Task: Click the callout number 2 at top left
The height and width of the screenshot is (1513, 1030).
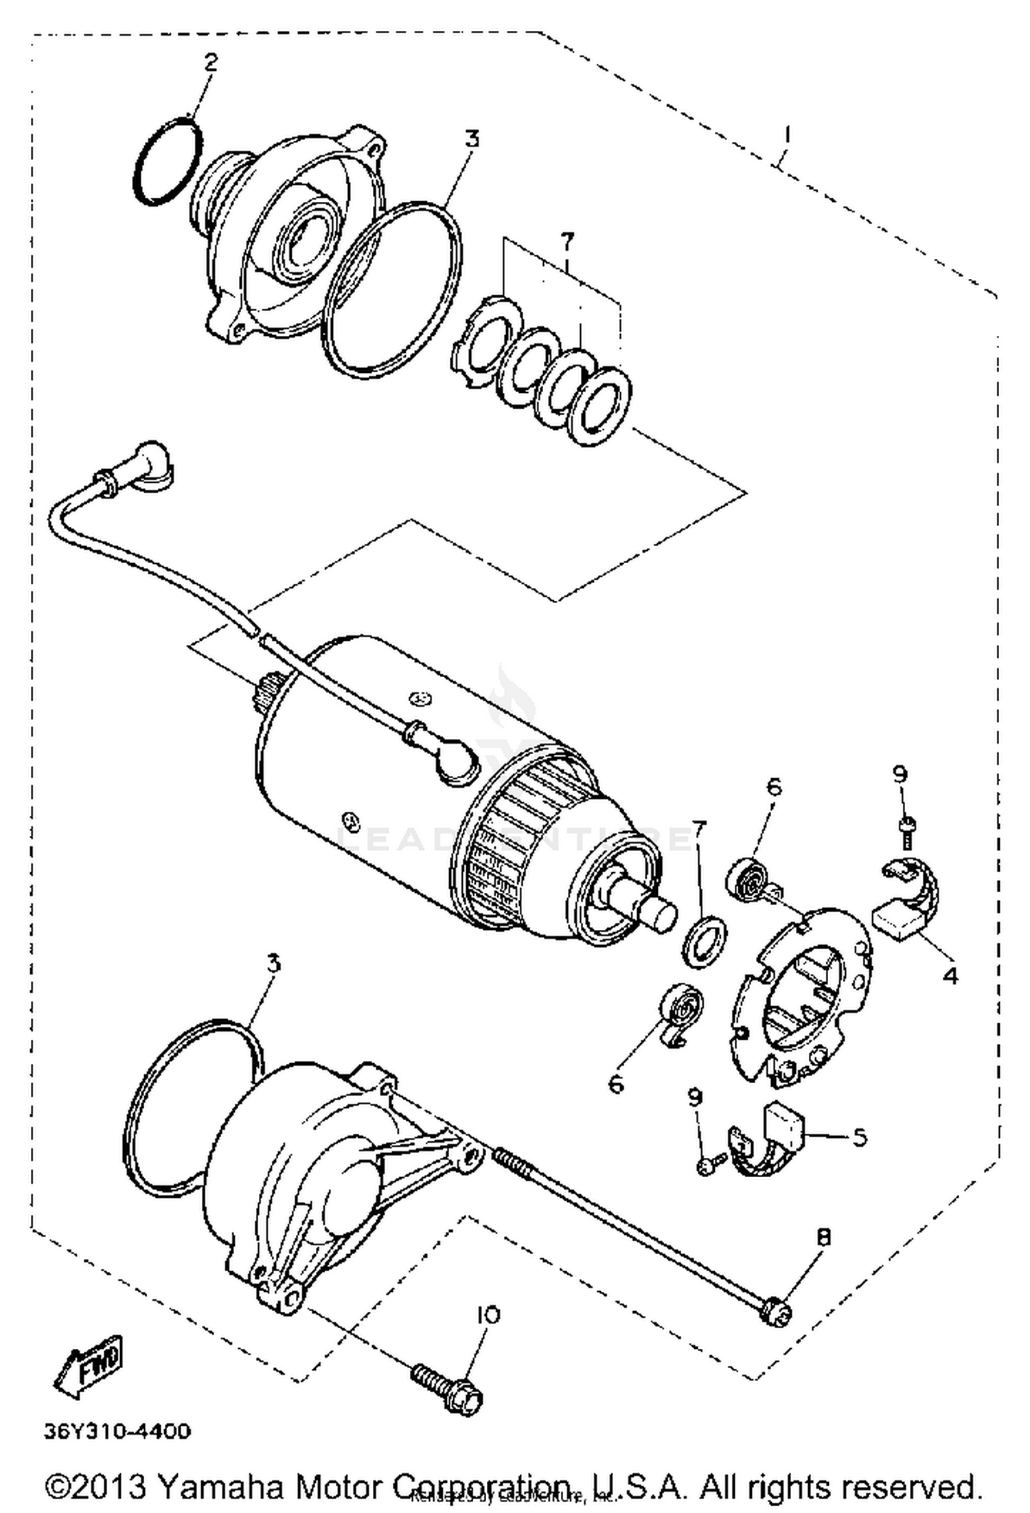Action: pos(210,62)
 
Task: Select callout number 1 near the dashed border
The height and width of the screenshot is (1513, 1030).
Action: pos(786,134)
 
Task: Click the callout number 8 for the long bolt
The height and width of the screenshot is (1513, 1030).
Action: pos(824,1237)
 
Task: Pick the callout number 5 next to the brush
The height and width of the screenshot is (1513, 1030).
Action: pos(859,1137)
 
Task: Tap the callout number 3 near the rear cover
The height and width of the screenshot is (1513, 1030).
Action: pos(273,964)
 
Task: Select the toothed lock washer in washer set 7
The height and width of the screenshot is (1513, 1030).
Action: pos(486,338)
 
